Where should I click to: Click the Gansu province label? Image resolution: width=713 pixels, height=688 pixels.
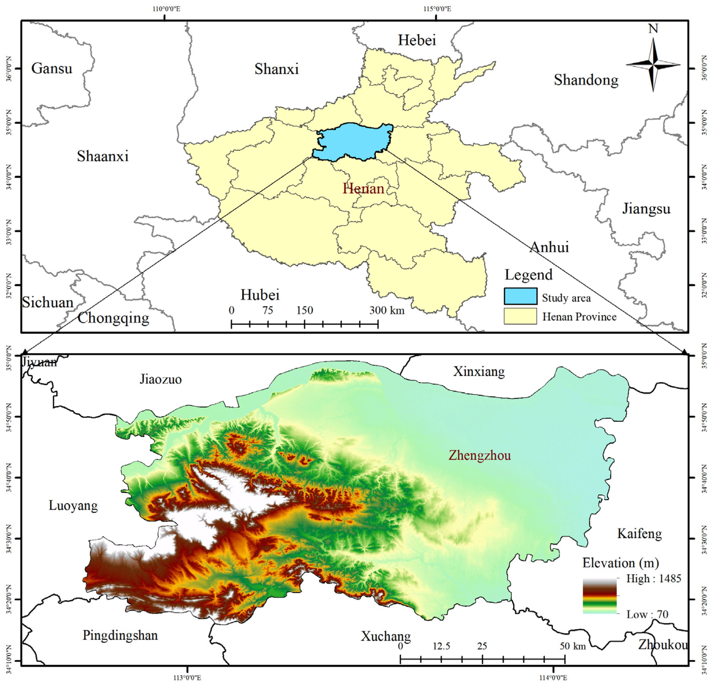click(x=52, y=68)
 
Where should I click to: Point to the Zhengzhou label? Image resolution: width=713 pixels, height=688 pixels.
click(x=479, y=455)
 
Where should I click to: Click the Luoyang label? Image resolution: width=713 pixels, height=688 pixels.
click(x=73, y=506)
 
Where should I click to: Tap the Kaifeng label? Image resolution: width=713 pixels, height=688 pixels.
click(x=639, y=534)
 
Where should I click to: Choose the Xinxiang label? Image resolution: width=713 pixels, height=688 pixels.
click(x=479, y=372)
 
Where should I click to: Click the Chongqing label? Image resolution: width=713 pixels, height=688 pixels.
click(x=113, y=318)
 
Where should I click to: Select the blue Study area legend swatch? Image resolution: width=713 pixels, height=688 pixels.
click(x=520, y=296)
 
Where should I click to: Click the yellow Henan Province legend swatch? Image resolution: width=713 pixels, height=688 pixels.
click(x=520, y=316)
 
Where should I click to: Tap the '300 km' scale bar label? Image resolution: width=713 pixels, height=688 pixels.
click(x=387, y=310)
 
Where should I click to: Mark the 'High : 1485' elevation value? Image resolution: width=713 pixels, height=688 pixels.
click(x=653, y=579)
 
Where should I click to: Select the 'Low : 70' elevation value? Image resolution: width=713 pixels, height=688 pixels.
click(x=647, y=615)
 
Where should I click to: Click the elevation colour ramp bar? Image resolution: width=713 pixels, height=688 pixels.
click(x=600, y=596)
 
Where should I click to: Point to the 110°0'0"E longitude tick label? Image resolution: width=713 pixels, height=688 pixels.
click(x=166, y=8)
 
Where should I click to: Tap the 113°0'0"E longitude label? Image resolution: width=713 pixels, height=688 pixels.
click(x=187, y=678)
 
